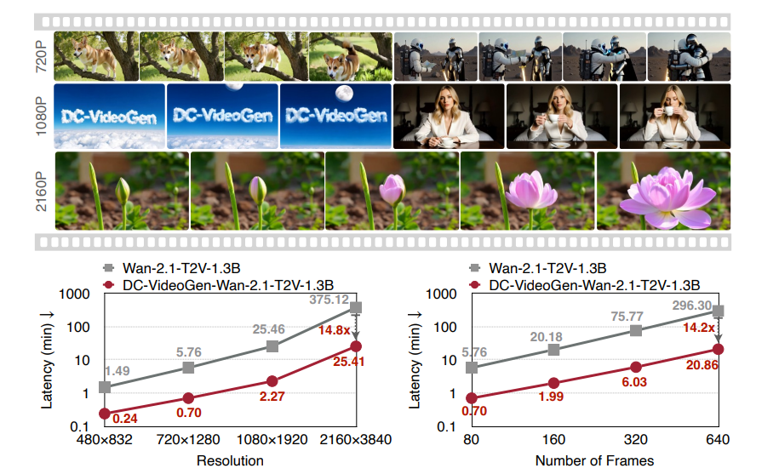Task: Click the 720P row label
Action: click(41, 56)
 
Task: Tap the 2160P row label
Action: click(41, 190)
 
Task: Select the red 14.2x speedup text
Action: click(696, 328)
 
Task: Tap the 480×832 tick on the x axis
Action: click(106, 441)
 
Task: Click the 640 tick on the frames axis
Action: click(718, 441)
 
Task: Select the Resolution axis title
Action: click(230, 460)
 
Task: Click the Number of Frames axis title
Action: click(594, 460)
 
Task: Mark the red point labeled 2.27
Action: click(272, 381)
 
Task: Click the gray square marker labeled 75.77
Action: click(636, 330)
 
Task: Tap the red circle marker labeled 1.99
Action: click(554, 383)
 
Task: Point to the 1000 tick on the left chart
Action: click(77, 294)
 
